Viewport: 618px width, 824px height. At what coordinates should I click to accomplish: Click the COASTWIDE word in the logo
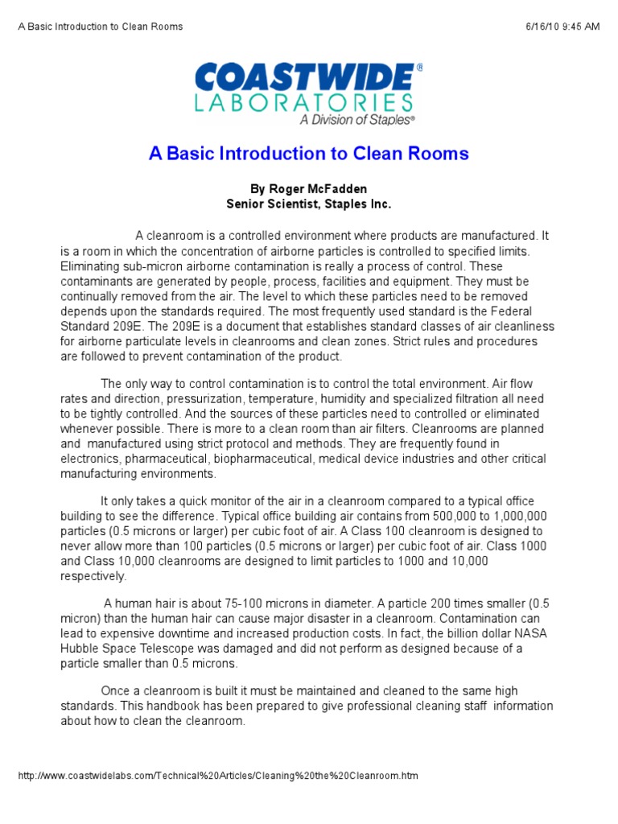(x=304, y=78)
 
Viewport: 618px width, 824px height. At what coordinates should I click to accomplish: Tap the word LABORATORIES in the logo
(x=304, y=102)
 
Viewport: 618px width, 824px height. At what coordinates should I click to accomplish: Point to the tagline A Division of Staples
(x=357, y=120)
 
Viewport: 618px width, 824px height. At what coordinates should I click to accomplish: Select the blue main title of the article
(x=308, y=154)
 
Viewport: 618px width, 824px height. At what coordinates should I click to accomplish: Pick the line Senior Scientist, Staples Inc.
(x=308, y=204)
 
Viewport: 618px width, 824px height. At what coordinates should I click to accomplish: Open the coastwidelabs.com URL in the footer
(x=217, y=776)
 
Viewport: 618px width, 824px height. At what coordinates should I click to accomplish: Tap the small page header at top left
(x=101, y=27)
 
